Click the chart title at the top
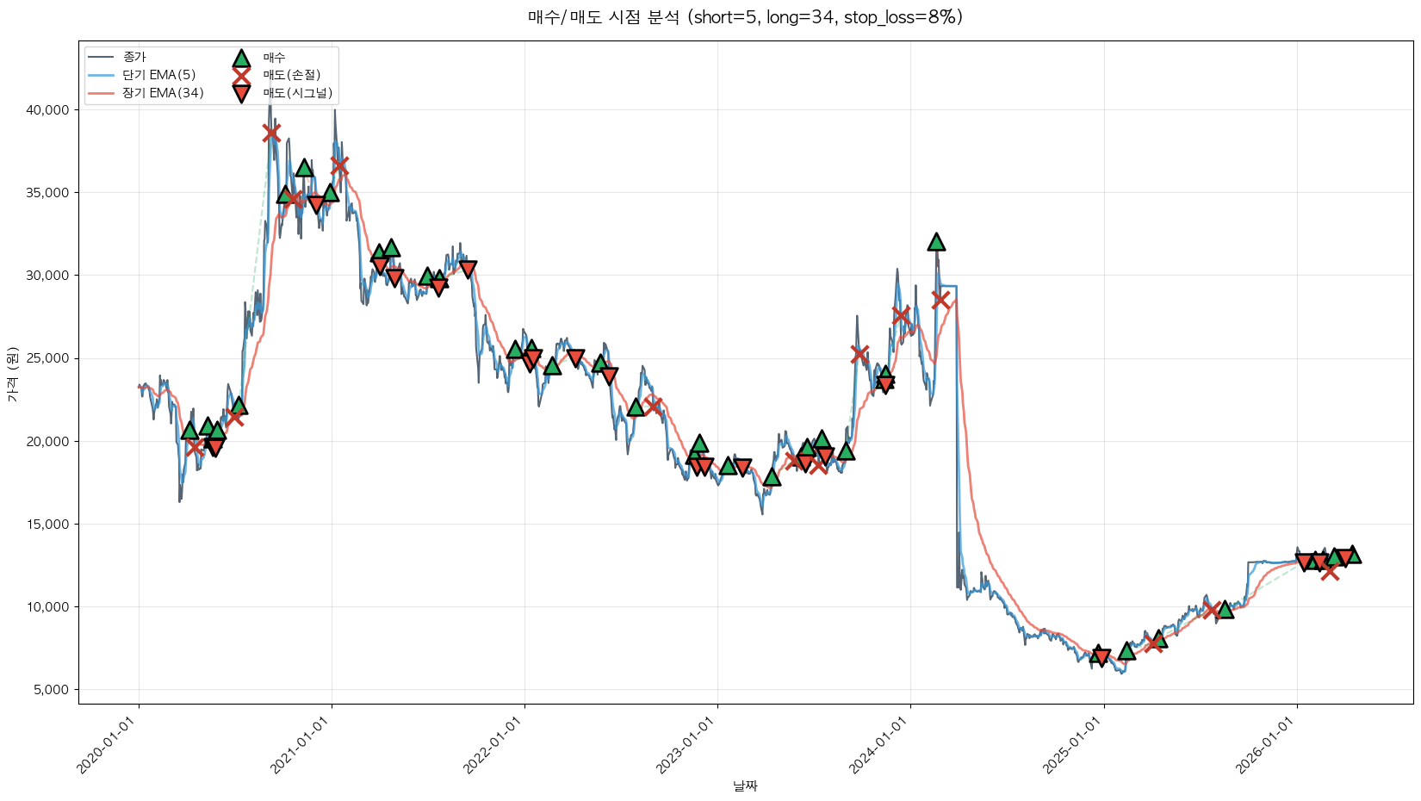pos(745,17)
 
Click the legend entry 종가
pos(134,57)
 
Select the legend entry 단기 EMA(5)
pos(158,75)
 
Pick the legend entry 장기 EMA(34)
pos(163,93)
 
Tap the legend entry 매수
pos(274,58)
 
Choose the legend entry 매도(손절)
pos(291,75)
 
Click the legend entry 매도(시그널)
pos(297,93)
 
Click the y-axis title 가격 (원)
pos(12,375)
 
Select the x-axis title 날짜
pos(745,785)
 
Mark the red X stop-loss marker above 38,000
pos(271,133)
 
